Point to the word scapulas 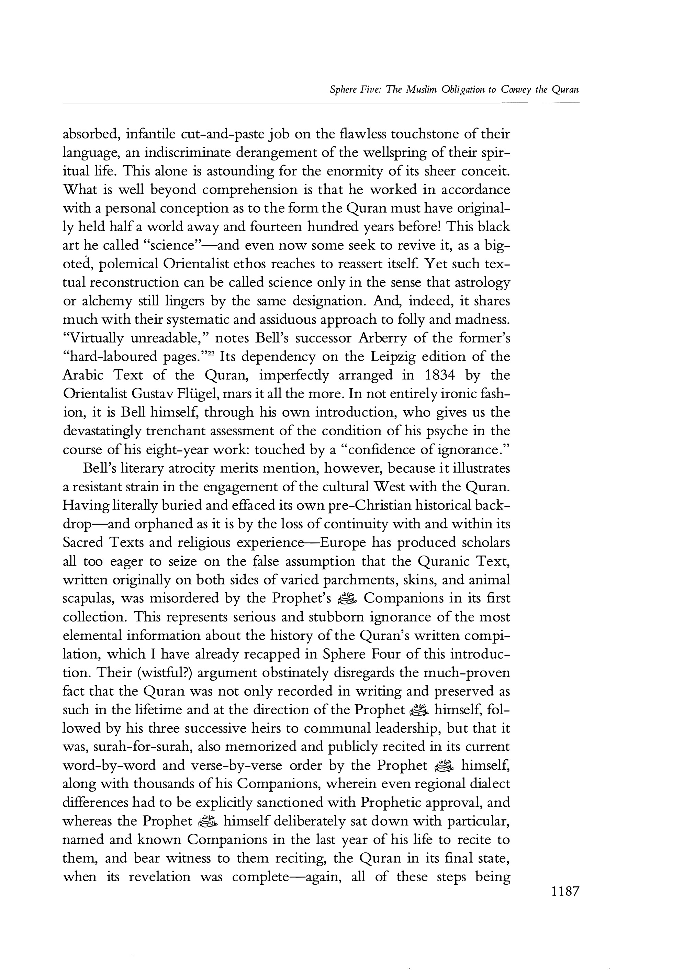point(88,599)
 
